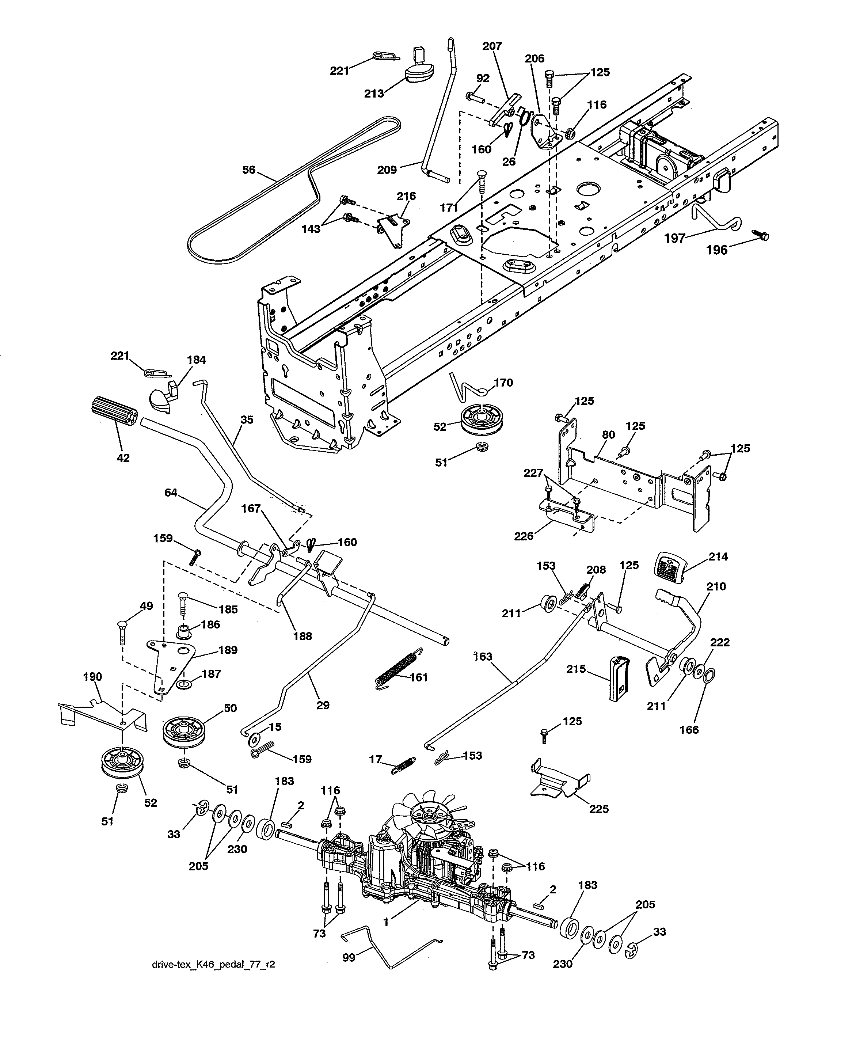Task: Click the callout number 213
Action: point(374,94)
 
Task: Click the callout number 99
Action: point(349,958)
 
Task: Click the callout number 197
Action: point(674,239)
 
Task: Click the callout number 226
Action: point(524,536)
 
